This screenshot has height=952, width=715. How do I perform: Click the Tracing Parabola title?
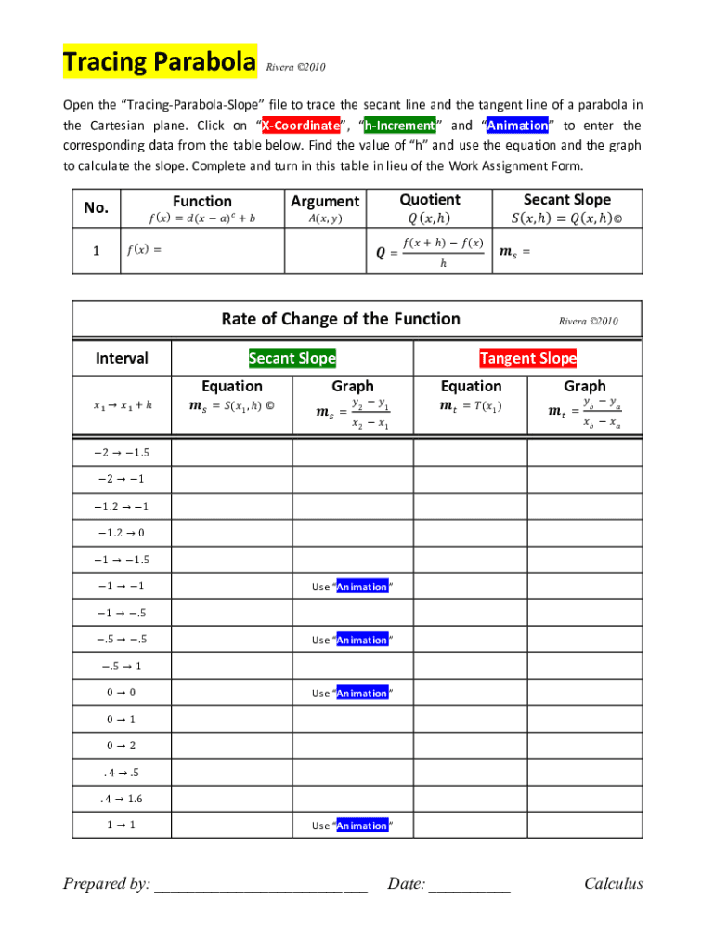pos(159,63)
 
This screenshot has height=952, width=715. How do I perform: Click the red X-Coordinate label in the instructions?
pos(300,126)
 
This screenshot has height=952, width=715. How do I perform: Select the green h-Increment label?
pos(398,126)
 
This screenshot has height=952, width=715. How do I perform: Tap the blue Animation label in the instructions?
pos(517,126)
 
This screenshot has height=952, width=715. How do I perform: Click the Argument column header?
pos(325,201)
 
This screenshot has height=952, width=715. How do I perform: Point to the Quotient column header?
pos(430,200)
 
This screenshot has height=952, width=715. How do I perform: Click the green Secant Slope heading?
pos(292,358)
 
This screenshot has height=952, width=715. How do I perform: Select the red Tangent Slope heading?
pos(527,358)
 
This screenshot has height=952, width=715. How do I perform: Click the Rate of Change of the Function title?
pos(341,319)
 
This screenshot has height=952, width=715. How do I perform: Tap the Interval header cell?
pos(122,358)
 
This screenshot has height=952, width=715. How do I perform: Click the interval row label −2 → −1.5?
pos(122,453)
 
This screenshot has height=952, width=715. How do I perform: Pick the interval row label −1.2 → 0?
pos(122,533)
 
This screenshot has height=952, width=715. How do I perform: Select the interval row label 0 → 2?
pos(122,746)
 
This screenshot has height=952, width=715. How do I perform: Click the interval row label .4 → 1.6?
pos(122,799)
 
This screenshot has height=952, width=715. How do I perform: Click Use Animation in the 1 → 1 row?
pos(352,826)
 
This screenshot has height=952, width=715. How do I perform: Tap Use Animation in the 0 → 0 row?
pos(352,693)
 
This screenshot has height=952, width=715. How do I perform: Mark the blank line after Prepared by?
pos(261,885)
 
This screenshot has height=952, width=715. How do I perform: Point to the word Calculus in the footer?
pos(613,883)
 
